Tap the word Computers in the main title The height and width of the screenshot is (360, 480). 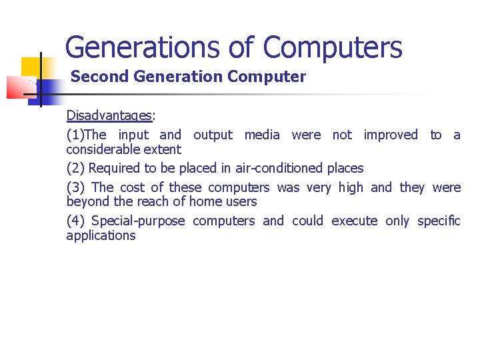click(332, 48)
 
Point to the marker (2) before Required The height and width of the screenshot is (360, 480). click(75, 168)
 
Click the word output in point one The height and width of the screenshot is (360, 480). click(213, 135)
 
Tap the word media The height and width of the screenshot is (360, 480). click(262, 135)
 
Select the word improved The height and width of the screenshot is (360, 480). click(391, 135)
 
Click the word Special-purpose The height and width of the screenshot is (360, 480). click(138, 221)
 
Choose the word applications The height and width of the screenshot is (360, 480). click(101, 235)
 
